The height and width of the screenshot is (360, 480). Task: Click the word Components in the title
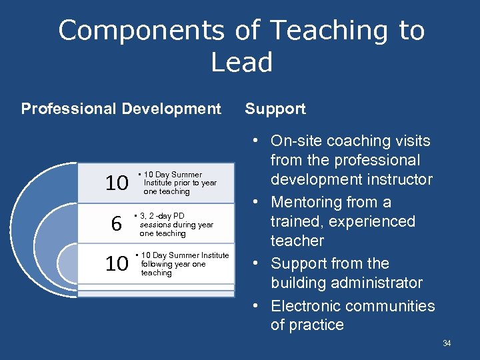pyautogui.click(x=142, y=31)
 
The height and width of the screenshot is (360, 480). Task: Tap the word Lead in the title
pyautogui.click(x=242, y=63)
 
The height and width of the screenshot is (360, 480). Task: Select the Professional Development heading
pyautogui.click(x=121, y=109)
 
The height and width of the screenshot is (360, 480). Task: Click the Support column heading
pyautogui.click(x=275, y=109)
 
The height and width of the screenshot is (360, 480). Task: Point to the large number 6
pyautogui.click(x=116, y=225)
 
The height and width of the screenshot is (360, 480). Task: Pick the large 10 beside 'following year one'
pyautogui.click(x=117, y=264)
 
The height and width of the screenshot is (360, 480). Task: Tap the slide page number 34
pyautogui.click(x=447, y=343)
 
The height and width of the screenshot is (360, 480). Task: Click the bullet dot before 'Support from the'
pyautogui.click(x=256, y=263)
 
